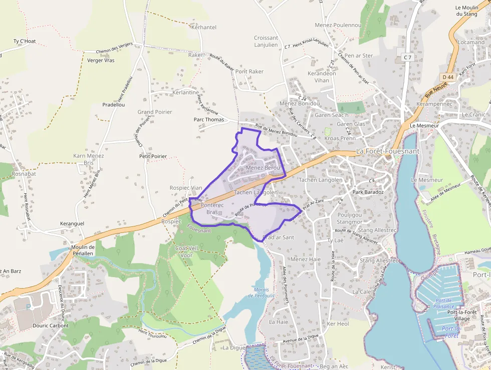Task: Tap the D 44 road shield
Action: pos(448,77)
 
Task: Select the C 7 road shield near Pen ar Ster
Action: pos(407,58)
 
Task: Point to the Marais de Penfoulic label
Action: pos(258,293)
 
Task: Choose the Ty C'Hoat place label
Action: pos(25,41)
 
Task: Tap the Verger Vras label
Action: pos(101,60)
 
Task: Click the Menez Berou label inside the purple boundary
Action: pos(263,167)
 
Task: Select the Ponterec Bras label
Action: pos(210,209)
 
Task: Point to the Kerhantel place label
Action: pos(204,27)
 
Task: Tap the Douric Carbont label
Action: pos(51,325)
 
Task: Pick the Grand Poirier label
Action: pos(155,112)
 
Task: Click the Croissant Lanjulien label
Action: pos(266,41)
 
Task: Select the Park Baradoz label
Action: pos(368,192)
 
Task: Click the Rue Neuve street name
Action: pos(434,90)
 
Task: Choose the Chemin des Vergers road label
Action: pos(115,48)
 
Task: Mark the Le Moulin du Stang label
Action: pos(466,11)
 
